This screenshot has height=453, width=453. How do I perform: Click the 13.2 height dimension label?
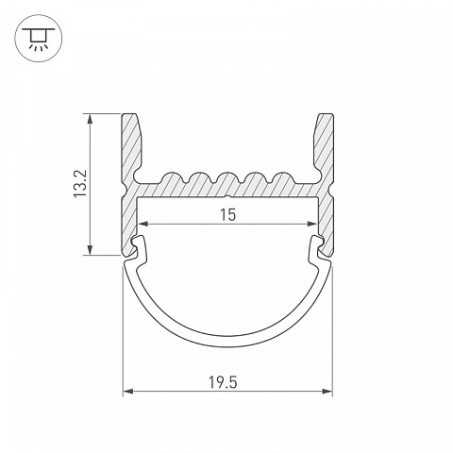(x=80, y=184)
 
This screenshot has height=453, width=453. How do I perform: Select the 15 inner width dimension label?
(x=227, y=215)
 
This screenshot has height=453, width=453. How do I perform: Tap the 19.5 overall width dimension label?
(x=223, y=383)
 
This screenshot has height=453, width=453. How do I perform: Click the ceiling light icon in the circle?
(x=39, y=39)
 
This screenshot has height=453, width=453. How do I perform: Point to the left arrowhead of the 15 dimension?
(x=143, y=224)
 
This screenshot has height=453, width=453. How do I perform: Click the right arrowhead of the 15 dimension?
(x=312, y=224)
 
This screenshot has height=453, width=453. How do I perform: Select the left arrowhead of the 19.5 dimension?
(x=128, y=392)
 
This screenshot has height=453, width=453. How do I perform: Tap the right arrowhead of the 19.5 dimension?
(x=327, y=392)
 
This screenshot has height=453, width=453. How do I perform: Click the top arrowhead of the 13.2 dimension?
(x=91, y=120)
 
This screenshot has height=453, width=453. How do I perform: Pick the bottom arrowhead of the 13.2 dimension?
(x=91, y=249)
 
